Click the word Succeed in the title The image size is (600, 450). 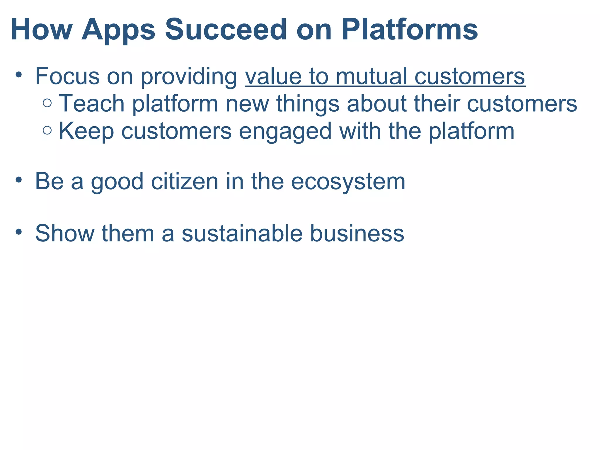coord(226,30)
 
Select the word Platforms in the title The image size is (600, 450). coord(410,30)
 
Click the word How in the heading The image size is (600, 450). coord(41,30)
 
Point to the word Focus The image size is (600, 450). coord(67,76)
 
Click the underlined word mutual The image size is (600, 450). coord(371,76)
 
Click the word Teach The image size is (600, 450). coord(92,103)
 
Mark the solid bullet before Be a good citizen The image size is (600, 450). coord(19,180)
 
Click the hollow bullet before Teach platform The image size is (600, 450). coord(47,103)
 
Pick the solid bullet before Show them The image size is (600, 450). coord(19,232)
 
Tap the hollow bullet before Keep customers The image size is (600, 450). coord(47,130)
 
